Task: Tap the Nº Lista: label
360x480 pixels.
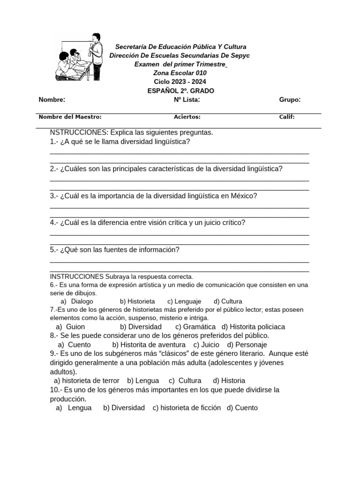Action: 187,99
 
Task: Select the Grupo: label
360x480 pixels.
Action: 290,99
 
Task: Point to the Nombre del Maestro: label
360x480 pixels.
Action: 70,117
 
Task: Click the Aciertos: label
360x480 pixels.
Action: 187,117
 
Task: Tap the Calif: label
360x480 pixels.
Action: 287,117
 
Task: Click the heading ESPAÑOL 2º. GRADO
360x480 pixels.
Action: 180,91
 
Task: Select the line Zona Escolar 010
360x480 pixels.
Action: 180,73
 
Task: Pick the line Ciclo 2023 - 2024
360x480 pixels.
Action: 180,82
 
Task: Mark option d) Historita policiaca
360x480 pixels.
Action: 253,327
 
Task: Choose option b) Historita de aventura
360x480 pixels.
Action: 149,345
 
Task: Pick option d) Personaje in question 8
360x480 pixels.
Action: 247,345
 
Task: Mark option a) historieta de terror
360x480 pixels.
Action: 87,381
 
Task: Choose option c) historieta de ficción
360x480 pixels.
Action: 187,408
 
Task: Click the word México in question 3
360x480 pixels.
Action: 243,196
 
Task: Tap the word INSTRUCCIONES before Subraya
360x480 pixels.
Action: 76,277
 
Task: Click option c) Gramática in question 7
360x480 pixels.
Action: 195,327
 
